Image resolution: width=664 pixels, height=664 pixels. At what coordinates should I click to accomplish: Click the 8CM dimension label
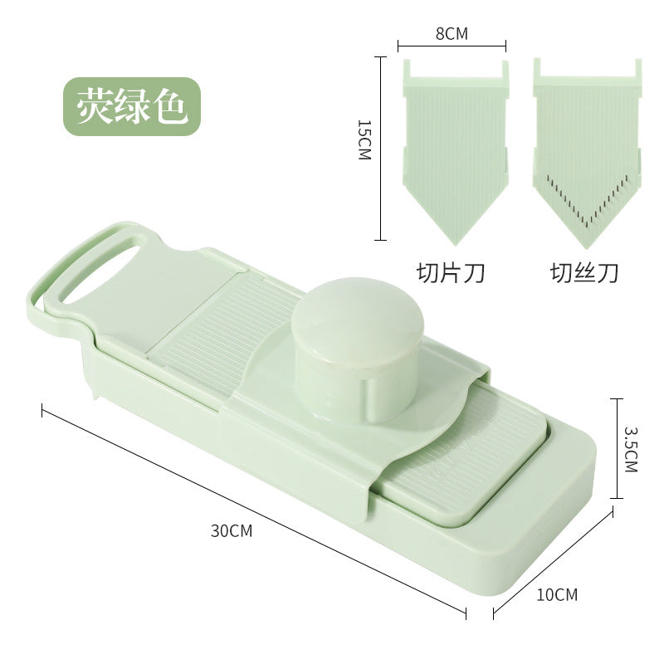(x=452, y=34)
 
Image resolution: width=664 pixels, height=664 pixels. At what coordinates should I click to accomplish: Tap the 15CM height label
(x=364, y=139)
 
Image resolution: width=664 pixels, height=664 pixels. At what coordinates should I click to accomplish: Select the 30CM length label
(x=232, y=530)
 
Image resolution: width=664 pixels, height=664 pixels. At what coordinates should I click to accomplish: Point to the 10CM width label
(x=557, y=594)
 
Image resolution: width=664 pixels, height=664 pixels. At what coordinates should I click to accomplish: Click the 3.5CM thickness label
(x=631, y=449)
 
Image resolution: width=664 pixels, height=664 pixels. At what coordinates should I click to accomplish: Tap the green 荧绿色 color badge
(x=132, y=106)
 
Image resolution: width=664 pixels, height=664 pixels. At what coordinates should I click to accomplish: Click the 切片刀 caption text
(x=451, y=273)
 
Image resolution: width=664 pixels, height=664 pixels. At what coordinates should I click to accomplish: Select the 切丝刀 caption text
(x=584, y=273)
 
